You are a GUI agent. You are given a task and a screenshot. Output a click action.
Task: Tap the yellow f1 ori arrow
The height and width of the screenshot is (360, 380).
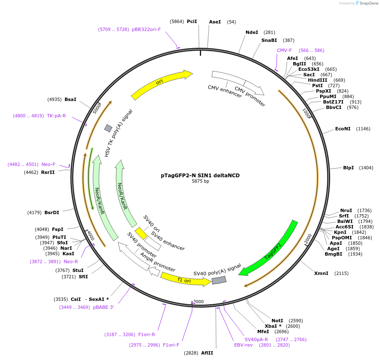185,280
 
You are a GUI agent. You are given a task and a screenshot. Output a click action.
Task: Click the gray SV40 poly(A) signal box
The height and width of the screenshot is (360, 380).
219,280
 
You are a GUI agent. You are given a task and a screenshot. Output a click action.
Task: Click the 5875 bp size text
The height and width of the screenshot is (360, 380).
200,181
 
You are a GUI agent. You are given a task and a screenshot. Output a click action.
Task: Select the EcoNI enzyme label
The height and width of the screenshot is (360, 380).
343,129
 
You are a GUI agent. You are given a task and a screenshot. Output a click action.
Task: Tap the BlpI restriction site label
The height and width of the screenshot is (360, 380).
348,168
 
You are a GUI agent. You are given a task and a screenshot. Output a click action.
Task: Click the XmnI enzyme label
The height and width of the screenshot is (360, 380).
321,273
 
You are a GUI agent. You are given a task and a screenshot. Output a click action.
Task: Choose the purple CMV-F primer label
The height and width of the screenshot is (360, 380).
284,50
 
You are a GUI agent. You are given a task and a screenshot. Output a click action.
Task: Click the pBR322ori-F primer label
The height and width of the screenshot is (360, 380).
146,29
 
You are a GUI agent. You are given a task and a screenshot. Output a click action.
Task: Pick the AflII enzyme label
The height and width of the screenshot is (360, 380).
207,353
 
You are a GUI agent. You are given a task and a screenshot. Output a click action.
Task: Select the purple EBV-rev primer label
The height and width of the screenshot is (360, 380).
243,345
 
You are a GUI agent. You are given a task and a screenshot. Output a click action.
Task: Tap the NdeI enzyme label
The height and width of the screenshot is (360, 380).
252,32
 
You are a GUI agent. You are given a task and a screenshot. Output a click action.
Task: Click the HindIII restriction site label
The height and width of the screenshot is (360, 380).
318,80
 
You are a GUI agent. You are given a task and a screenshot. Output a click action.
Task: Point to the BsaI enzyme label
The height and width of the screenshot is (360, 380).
70,99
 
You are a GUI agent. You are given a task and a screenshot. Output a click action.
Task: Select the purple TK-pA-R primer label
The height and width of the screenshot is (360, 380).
56,116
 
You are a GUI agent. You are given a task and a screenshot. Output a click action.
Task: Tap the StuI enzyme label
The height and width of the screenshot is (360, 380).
78,270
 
